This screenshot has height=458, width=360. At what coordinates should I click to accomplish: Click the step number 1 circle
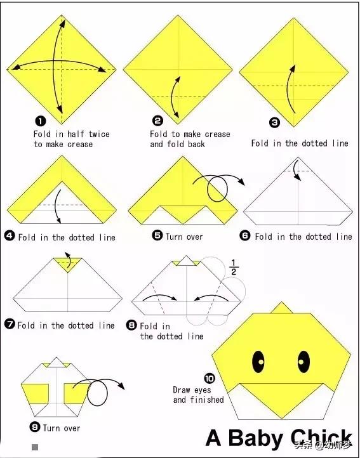pyautogui.click(x=41, y=121)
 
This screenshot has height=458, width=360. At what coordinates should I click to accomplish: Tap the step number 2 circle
pyautogui.click(x=158, y=121)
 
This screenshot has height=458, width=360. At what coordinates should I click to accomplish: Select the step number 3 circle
pyautogui.click(x=274, y=122)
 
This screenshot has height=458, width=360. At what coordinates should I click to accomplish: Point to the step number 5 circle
pyautogui.click(x=157, y=235)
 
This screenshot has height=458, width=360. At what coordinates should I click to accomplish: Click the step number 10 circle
pyautogui.click(x=210, y=378)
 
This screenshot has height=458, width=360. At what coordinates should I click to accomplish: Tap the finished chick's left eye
pyautogui.click(x=258, y=362)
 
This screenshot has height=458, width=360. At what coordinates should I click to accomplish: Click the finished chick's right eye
pyautogui.click(x=303, y=362)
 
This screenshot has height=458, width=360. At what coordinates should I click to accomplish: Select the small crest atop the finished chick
pyautogui.click(x=282, y=308)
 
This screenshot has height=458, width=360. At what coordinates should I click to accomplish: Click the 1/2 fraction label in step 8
pyautogui.click(x=234, y=267)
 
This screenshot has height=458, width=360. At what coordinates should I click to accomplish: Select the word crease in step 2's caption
pyautogui.click(x=218, y=134)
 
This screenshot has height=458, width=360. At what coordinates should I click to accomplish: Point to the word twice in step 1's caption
pyautogui.click(x=99, y=134)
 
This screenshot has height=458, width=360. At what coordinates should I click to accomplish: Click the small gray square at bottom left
pyautogui.click(x=35, y=447)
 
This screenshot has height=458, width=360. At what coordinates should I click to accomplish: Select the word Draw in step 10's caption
pyautogui.click(x=182, y=389)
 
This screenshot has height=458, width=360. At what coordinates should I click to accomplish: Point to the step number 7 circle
pyautogui.click(x=10, y=324)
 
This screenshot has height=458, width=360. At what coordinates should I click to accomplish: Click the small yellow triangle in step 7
pyautogui.click(x=67, y=264)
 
